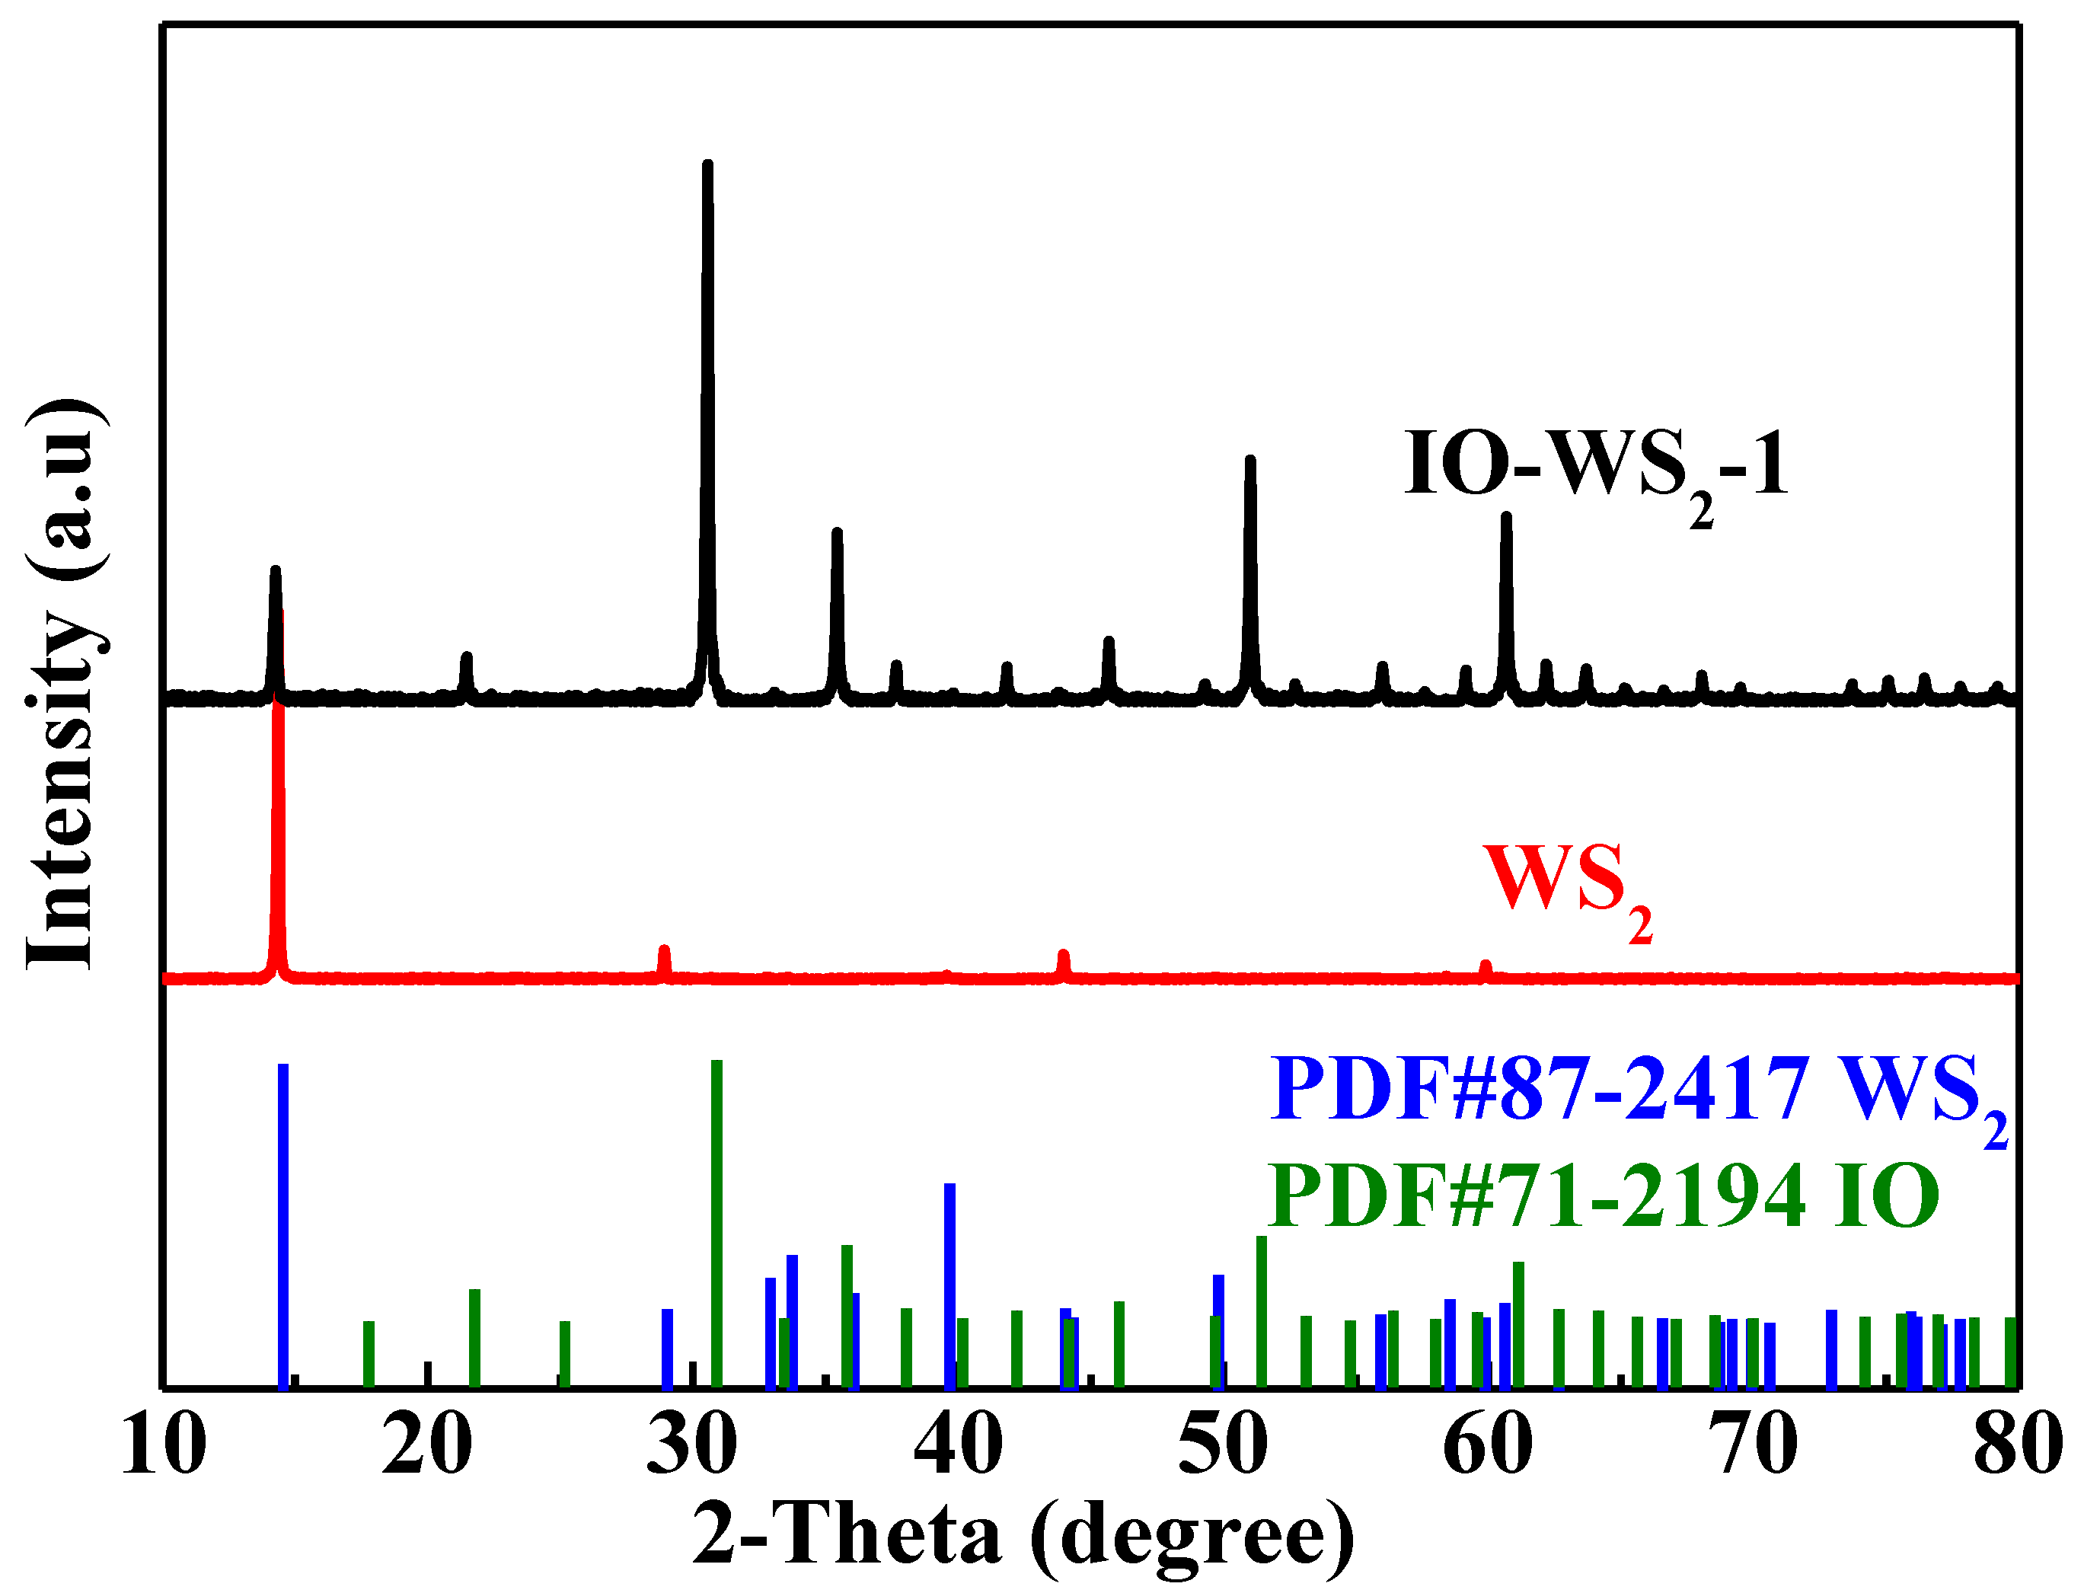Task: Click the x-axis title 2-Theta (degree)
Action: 1023,1534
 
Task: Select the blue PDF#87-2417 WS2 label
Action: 1639,1090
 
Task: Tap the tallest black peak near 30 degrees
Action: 707,167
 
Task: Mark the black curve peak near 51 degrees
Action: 1249,461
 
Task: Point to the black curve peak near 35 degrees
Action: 836,534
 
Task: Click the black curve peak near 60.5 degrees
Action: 1505,519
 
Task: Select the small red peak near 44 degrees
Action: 1063,955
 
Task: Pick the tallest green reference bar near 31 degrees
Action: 716,1223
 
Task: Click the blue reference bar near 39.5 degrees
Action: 949,1285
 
